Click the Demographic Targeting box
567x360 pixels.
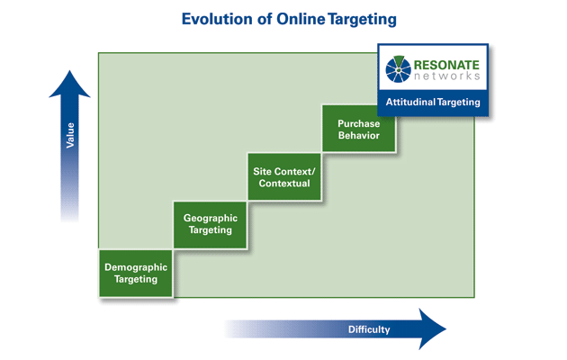tap(136, 273)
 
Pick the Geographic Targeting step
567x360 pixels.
tap(211, 223)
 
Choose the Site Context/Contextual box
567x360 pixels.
tap(284, 176)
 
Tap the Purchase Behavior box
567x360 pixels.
tap(358, 129)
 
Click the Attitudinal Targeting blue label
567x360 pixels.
tap(433, 103)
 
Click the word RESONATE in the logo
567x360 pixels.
tap(447, 65)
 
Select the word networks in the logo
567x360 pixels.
tap(447, 78)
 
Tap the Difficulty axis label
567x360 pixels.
tap(369, 329)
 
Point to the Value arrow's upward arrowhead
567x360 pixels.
tap(69, 83)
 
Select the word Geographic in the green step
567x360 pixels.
tap(211, 217)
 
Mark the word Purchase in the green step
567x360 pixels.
tap(358, 122)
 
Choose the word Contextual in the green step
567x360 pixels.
tap(284, 184)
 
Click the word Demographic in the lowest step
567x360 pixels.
tap(136, 266)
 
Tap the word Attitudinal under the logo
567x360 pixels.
tap(412, 103)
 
